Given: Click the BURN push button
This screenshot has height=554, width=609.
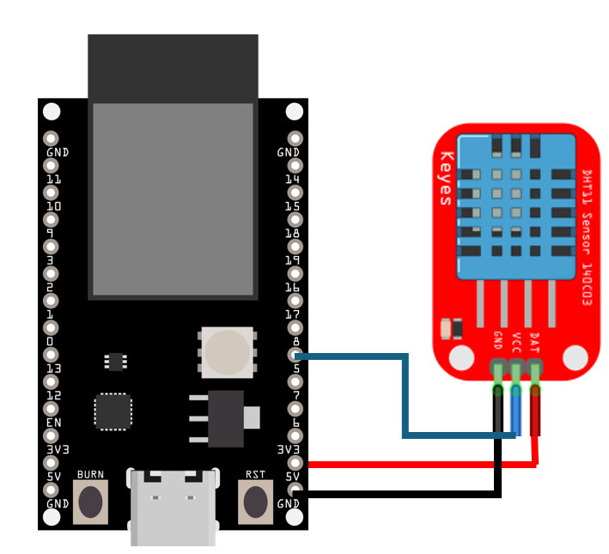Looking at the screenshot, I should pyautogui.click(x=90, y=502).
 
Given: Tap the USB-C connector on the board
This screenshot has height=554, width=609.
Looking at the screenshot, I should pyautogui.click(x=172, y=506).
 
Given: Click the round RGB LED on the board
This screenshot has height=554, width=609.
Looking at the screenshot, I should pyautogui.click(x=227, y=352).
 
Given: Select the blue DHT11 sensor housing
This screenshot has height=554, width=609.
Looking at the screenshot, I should pyautogui.click(x=515, y=206).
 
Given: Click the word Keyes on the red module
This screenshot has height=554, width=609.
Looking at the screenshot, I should pyautogui.click(x=446, y=179).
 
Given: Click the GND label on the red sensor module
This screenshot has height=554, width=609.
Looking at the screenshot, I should pyautogui.click(x=497, y=341).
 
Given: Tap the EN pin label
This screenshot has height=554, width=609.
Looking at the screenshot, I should pyautogui.click(x=53, y=423).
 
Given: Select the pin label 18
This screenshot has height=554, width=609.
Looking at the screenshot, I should pyautogui.click(x=292, y=234).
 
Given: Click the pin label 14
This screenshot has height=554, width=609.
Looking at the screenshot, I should pyautogui.click(x=292, y=180).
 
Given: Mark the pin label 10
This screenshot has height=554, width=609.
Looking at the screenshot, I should pyautogui.click(x=53, y=207).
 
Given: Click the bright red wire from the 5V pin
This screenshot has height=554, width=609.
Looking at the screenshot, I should pyautogui.click(x=421, y=465).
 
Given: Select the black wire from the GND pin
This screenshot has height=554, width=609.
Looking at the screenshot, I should pyautogui.click(x=404, y=494).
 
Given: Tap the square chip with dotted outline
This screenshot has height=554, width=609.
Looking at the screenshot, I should pyautogui.click(x=113, y=411).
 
